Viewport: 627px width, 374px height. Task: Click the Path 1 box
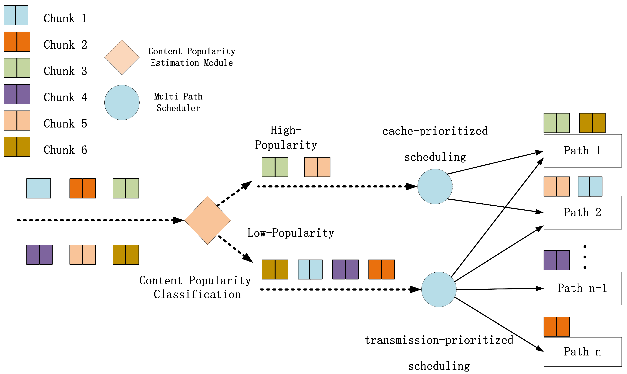(582, 151)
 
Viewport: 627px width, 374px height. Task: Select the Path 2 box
(582, 212)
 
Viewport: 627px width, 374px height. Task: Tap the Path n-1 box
(582, 288)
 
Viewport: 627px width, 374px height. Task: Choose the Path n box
(582, 352)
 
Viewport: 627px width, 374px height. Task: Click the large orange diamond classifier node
(207, 220)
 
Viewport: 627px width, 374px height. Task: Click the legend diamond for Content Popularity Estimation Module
(122, 57)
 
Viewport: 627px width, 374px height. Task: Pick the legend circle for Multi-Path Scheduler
(122, 102)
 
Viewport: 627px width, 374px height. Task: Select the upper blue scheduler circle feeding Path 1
(435, 186)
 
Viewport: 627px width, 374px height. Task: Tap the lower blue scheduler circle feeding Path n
(439, 289)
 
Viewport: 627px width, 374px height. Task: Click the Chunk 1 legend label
(65, 18)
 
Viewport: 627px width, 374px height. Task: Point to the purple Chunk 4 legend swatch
(17, 94)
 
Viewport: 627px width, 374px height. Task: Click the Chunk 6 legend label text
(65, 150)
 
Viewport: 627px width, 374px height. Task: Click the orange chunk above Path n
(557, 327)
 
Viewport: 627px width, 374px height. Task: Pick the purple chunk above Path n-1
(557, 260)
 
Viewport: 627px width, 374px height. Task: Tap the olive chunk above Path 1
(592, 123)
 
